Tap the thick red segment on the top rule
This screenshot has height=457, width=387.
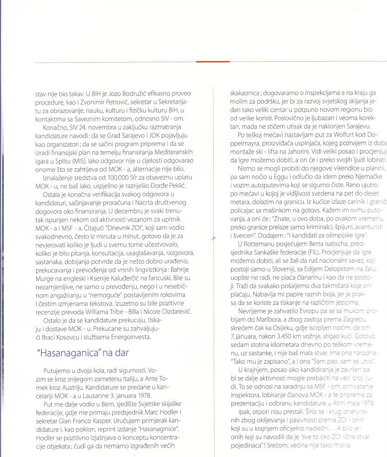point(213,61)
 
